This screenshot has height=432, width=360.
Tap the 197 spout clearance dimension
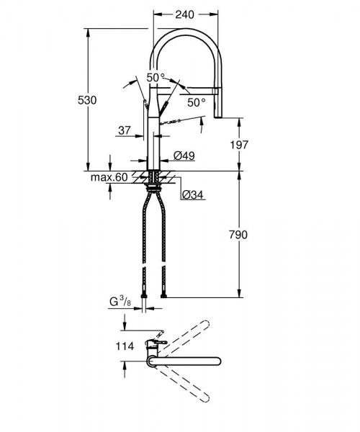(238, 145)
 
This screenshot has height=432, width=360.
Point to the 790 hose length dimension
(238, 234)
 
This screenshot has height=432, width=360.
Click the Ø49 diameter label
(184, 156)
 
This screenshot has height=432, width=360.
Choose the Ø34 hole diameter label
(191, 194)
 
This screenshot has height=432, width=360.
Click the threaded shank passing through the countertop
(155, 177)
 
